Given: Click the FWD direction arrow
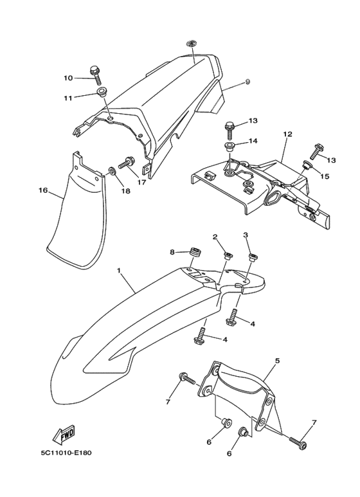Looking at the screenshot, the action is [64, 434].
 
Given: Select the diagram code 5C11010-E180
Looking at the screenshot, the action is [66, 453].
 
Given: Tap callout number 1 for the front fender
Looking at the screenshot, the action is [119, 271].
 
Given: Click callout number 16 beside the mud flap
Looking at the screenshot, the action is [43, 190].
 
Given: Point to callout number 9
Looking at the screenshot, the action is [248, 82].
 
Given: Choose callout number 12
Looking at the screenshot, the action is [287, 134].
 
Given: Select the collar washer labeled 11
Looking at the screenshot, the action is [102, 93].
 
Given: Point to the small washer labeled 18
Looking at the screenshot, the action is [112, 172].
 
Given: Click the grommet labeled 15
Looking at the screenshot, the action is [306, 165].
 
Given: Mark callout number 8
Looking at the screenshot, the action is [172, 252].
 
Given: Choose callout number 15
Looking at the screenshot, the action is [325, 176].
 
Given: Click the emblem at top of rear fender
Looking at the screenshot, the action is [192, 43].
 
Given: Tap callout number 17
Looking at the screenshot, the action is [141, 182].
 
